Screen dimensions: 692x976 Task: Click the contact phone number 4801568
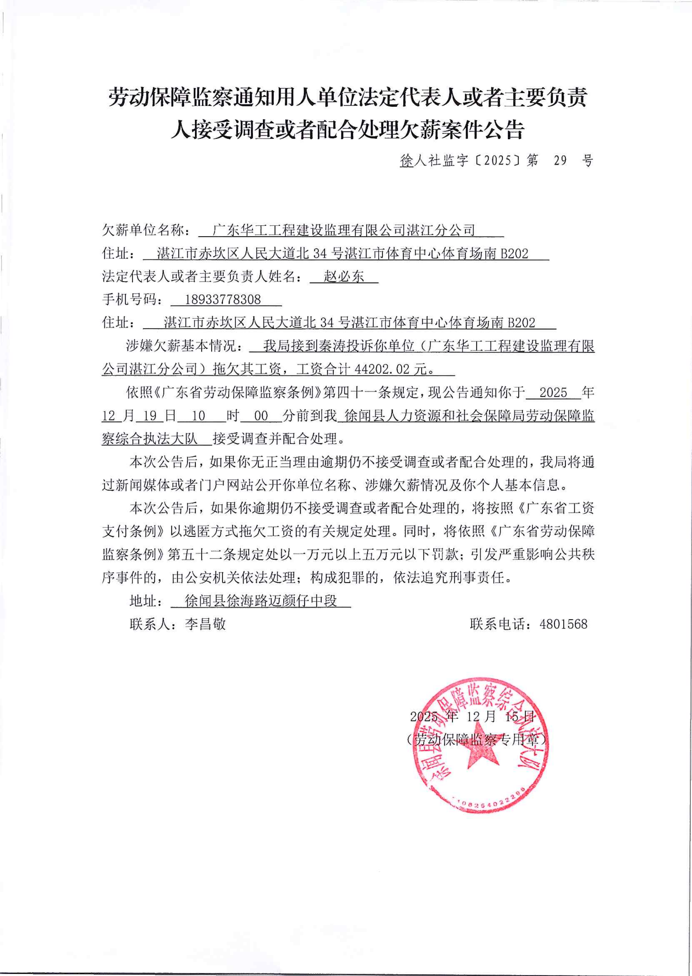(x=563, y=624)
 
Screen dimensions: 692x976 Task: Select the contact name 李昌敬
(x=205, y=624)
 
